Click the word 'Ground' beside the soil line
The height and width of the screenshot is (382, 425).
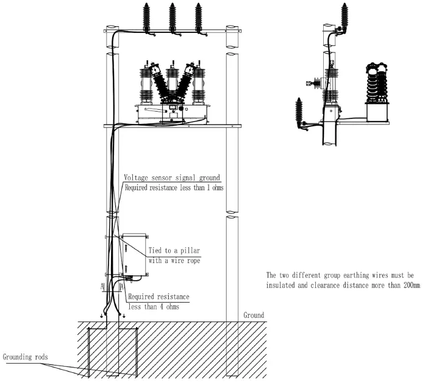[x=254, y=315]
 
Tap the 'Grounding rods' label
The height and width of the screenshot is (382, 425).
[x=25, y=357]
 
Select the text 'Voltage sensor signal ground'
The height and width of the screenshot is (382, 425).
[x=172, y=178]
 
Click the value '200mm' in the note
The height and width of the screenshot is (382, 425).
[x=412, y=286]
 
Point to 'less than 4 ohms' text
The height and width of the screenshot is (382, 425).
[x=154, y=307]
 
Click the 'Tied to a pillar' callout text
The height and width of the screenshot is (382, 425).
[x=174, y=250]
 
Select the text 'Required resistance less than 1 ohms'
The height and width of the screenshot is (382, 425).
[x=174, y=188]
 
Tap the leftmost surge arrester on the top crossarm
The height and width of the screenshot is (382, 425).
[x=146, y=18]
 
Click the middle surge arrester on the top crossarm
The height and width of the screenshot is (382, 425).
[x=173, y=18]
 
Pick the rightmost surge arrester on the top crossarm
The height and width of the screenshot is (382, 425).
[x=199, y=18]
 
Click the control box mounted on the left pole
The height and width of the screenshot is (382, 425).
[x=134, y=254]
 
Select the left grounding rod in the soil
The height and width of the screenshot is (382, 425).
[x=88, y=353]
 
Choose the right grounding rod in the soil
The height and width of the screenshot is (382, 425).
[x=137, y=353]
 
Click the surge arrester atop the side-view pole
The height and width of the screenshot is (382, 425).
[x=345, y=16]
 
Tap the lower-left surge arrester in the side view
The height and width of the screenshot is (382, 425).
[x=299, y=113]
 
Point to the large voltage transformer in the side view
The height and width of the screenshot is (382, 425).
[x=377, y=92]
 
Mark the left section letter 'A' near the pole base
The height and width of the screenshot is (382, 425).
[x=102, y=287]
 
